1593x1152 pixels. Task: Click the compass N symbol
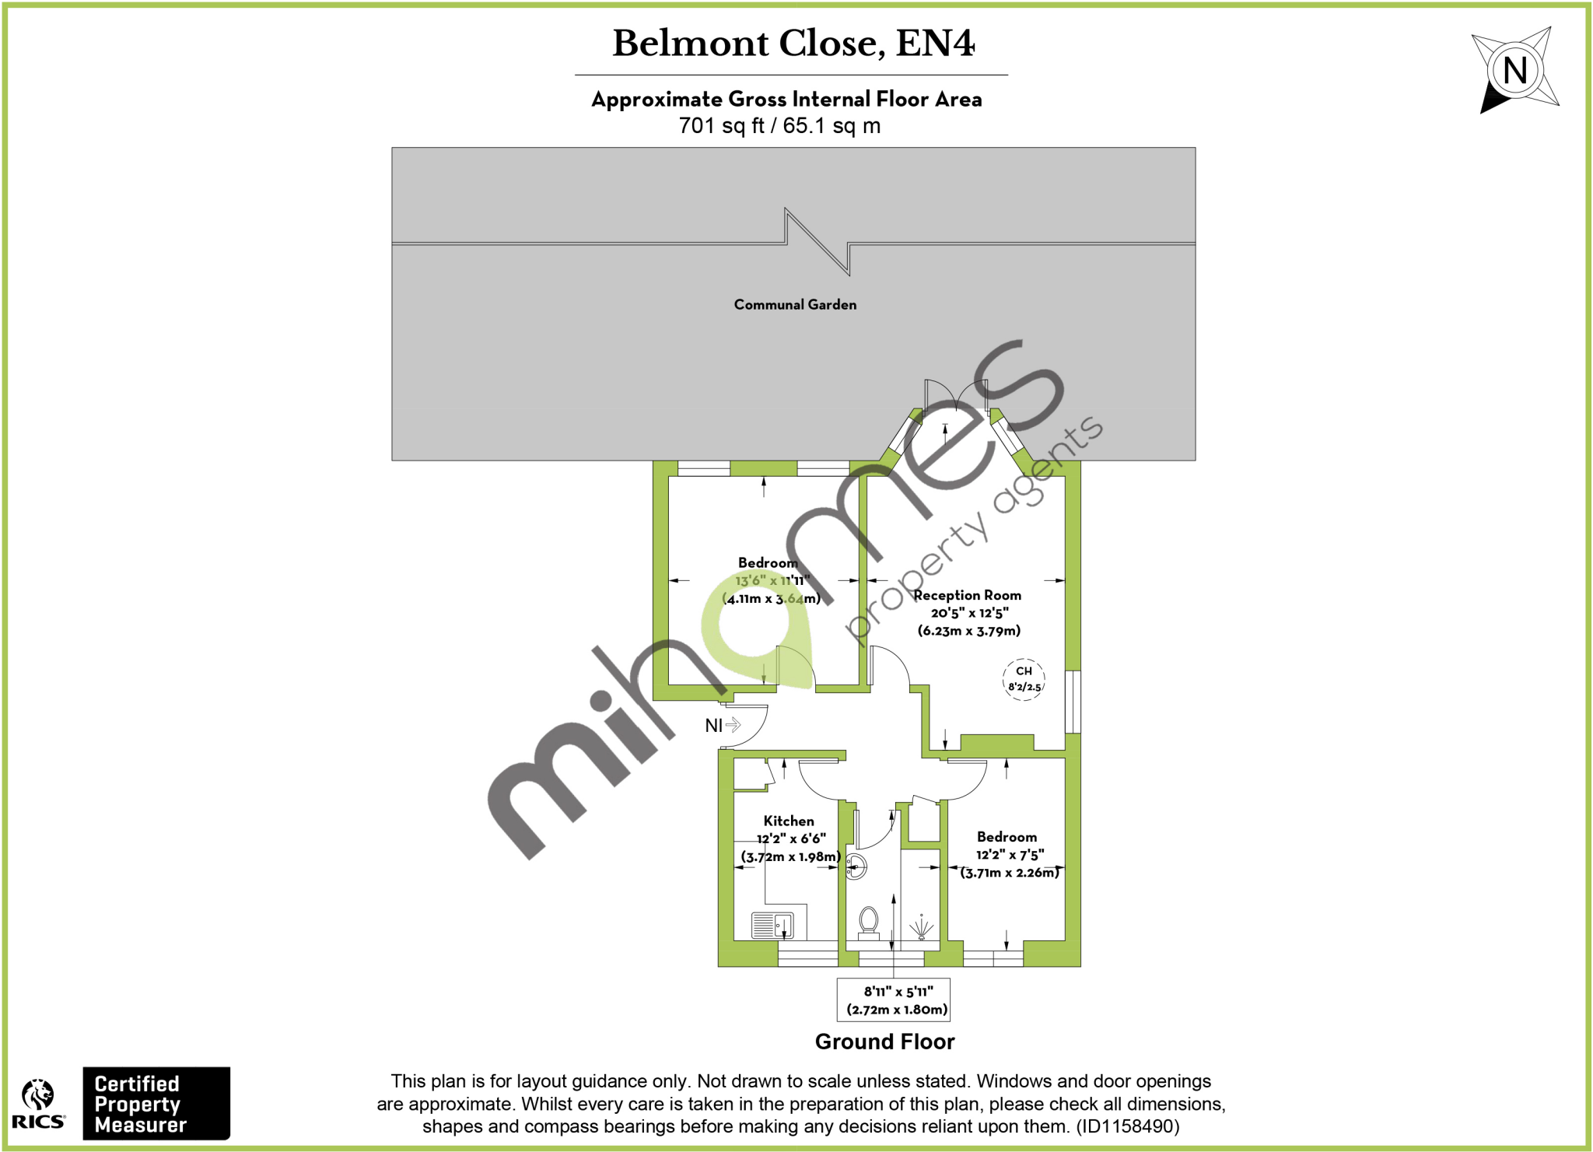[x=1514, y=71]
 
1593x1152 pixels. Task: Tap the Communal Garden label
[x=795, y=305]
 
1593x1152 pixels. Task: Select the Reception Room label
[x=967, y=595]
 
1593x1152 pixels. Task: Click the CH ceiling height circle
[x=1024, y=679]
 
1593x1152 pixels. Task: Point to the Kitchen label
[x=789, y=821]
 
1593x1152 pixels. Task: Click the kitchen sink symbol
[x=772, y=926]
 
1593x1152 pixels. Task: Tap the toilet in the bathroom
[x=869, y=923]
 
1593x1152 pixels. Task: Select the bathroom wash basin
[x=855, y=867]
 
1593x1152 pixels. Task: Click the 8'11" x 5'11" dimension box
[x=894, y=1000]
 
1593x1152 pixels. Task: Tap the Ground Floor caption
[x=884, y=1042]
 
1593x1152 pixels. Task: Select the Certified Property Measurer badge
[x=156, y=1104]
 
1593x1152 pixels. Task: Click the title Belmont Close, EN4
[x=793, y=44]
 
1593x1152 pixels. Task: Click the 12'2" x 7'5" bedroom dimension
[x=1010, y=855]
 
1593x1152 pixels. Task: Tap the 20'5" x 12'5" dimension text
[x=969, y=613]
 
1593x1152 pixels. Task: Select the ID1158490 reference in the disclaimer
[x=1127, y=1126]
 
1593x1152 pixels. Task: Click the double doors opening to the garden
[x=956, y=396]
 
